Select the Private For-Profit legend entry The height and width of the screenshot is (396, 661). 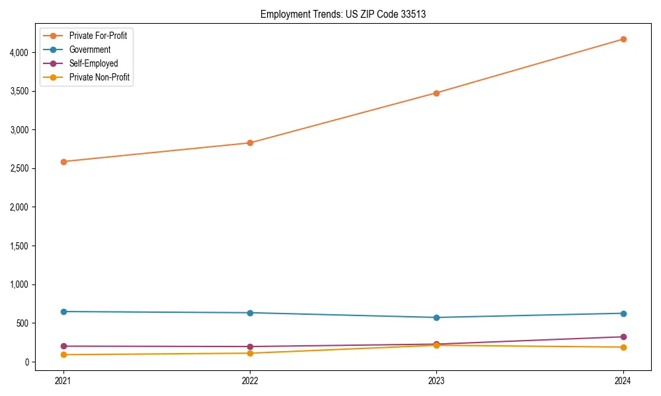click(98, 36)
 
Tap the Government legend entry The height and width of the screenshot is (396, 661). click(90, 49)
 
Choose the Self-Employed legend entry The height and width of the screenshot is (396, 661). click(93, 63)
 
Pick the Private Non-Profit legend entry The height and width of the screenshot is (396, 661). click(99, 77)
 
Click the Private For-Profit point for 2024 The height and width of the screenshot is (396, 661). click(623, 39)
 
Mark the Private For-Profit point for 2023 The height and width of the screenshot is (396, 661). click(436, 93)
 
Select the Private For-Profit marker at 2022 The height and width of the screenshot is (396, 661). click(250, 143)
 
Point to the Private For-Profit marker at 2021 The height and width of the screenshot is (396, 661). click(63, 162)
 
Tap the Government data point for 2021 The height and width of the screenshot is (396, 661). click(63, 312)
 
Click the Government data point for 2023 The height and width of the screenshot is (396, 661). click(436, 317)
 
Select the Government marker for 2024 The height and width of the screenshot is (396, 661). click(623, 313)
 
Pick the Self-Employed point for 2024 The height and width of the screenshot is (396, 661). click(623, 337)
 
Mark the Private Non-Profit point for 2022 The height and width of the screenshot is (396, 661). click(250, 353)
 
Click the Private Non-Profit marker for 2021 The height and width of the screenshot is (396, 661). click(63, 355)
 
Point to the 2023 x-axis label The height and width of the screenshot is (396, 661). click(436, 381)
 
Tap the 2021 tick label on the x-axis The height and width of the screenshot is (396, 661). click(63, 381)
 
